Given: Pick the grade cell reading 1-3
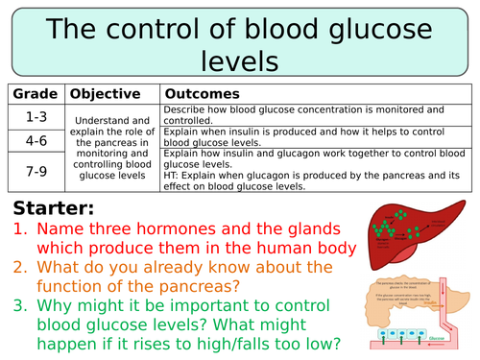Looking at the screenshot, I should [x=35, y=115].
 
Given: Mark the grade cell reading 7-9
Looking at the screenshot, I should [x=35, y=170].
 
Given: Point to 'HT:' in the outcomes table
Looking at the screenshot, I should [x=173, y=176].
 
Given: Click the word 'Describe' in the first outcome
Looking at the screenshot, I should [x=188, y=110].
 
